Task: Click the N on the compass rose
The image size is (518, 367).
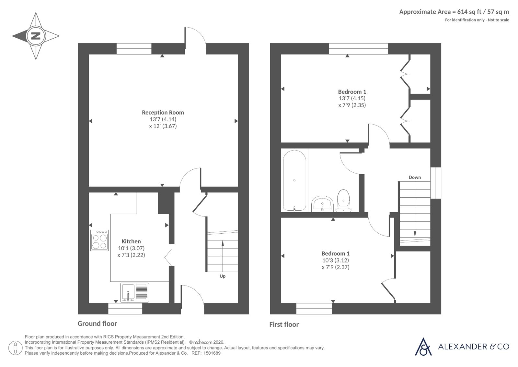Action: (36, 36)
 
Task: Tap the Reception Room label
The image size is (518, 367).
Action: (163, 113)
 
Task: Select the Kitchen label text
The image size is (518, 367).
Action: (131, 241)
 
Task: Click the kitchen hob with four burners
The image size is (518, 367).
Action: (99, 240)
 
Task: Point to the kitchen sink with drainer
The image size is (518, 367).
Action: (134, 292)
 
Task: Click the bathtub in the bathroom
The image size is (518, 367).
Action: (294, 181)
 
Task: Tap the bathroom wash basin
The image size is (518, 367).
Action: (322, 204)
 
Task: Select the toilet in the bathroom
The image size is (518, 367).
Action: (343, 201)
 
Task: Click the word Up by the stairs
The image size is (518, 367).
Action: (223, 276)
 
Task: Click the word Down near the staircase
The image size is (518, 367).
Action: (415, 177)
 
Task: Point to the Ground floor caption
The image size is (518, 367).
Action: (97, 324)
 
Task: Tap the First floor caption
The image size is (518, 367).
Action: (284, 324)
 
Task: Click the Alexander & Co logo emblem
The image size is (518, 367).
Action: (423, 347)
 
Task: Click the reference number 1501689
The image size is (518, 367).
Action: (212, 353)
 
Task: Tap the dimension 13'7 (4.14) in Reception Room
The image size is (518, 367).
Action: (163, 119)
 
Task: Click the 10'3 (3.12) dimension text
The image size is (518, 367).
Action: (336, 261)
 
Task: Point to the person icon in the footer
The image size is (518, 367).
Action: (16, 348)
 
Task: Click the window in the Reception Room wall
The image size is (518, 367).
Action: (134, 49)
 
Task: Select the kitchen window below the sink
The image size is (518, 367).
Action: (125, 309)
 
